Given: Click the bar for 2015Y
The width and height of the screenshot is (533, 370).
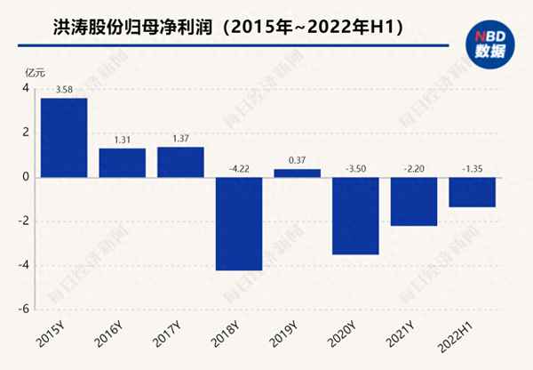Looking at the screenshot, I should click(64, 137).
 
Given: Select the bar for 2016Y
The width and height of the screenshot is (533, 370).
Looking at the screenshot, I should click(123, 162).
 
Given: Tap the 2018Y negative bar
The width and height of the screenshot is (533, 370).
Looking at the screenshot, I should click(239, 223).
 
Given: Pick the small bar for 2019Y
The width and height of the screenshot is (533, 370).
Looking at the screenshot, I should click(297, 173).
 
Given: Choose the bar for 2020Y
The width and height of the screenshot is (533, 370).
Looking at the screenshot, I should click(355, 215).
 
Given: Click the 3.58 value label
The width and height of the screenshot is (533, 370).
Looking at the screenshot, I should click(64, 90).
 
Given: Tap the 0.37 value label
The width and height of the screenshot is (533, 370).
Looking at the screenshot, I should click(297, 161).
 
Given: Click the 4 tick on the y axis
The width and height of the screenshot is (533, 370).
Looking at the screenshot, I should click(26, 89).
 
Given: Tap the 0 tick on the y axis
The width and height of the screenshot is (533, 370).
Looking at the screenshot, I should click(27, 177).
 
